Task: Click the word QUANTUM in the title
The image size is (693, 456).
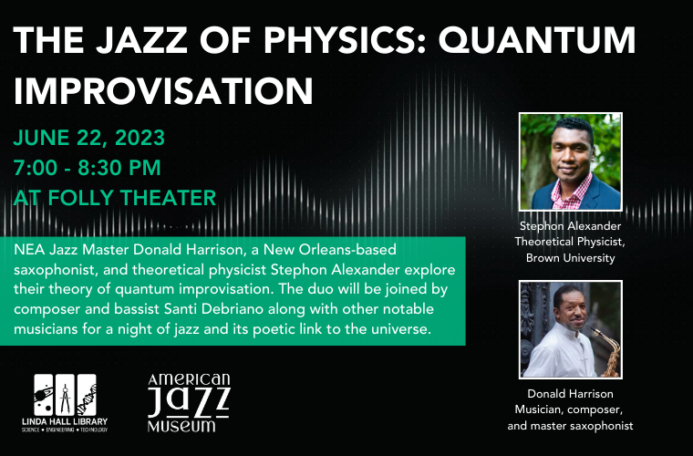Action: click(537, 41)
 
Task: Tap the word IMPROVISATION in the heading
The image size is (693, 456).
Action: click(163, 90)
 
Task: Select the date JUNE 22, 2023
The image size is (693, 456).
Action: click(88, 138)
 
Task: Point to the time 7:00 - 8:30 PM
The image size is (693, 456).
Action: click(87, 168)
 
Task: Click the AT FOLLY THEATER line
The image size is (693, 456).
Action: click(115, 198)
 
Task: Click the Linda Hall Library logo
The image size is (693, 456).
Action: click(65, 403)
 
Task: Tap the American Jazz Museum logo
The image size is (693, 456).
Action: click(189, 402)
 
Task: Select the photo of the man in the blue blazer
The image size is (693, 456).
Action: click(571, 161)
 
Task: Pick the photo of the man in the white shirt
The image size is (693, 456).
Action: click(571, 329)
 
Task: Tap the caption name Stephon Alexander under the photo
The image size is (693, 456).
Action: click(570, 226)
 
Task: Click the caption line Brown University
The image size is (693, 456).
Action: click(570, 258)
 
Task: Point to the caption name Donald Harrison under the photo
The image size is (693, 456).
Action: click(570, 394)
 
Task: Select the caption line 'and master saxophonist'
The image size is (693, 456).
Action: click(570, 426)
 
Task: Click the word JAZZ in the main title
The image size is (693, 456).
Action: click(142, 41)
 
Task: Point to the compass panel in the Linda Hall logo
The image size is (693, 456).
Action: click(65, 395)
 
